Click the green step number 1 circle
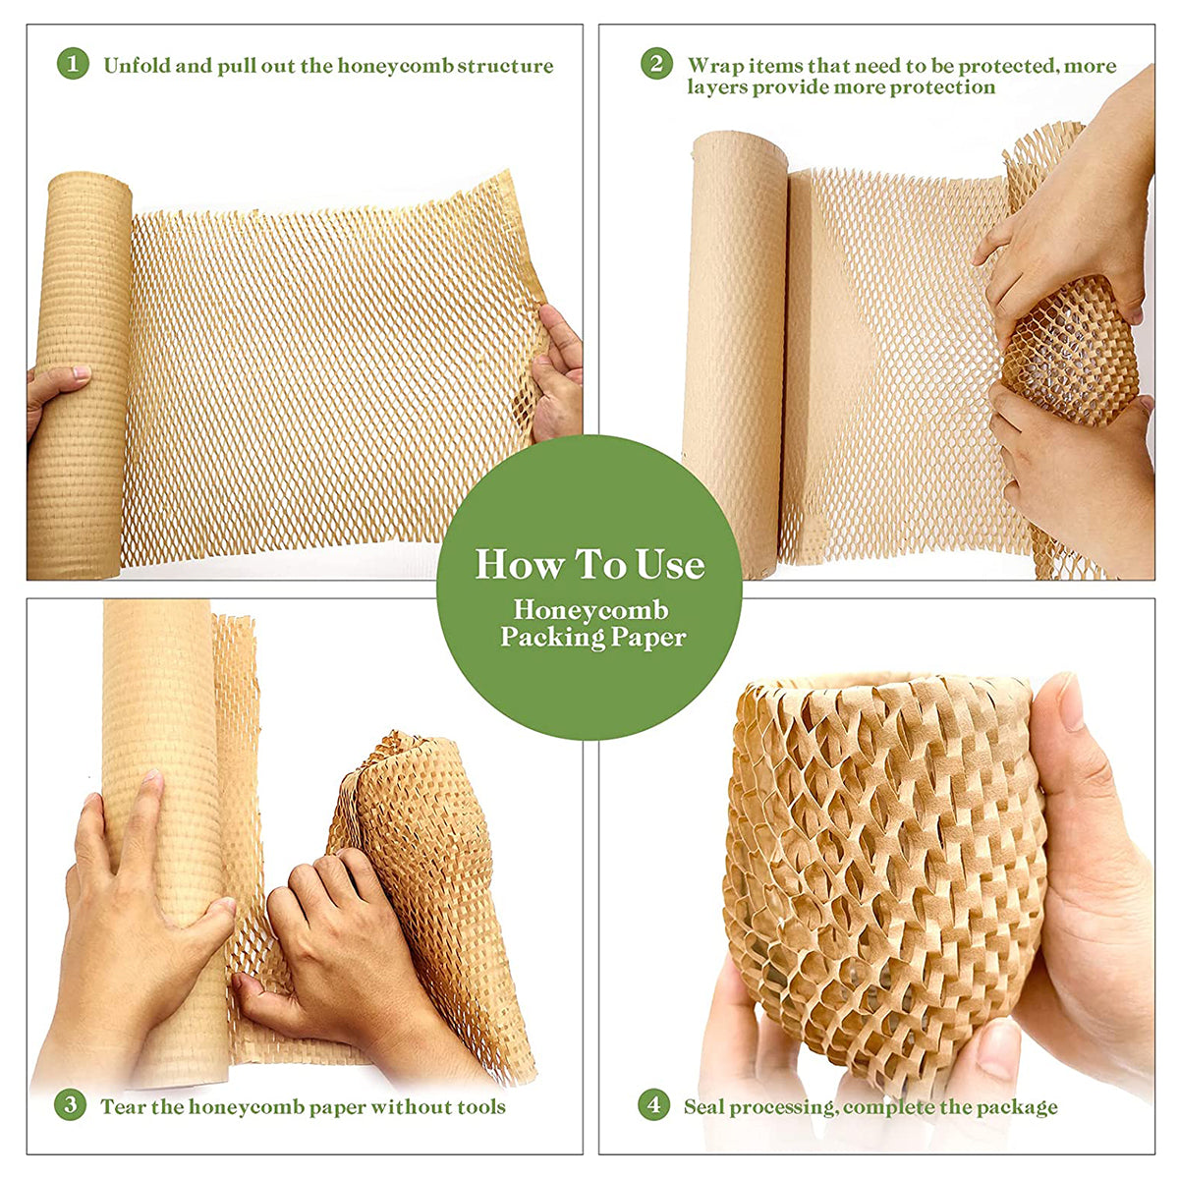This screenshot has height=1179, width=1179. [x=73, y=66]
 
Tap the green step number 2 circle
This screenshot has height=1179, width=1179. [x=656, y=65]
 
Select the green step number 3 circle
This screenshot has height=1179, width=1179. [x=70, y=1105]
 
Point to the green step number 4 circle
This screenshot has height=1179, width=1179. [x=653, y=1105]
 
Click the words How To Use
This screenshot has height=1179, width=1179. [x=589, y=565]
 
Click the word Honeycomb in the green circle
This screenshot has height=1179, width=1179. [x=589, y=610]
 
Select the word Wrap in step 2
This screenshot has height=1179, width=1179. [x=715, y=66]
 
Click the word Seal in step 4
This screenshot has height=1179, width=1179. [x=704, y=1106]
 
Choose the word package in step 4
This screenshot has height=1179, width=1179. [x=1020, y=1107]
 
